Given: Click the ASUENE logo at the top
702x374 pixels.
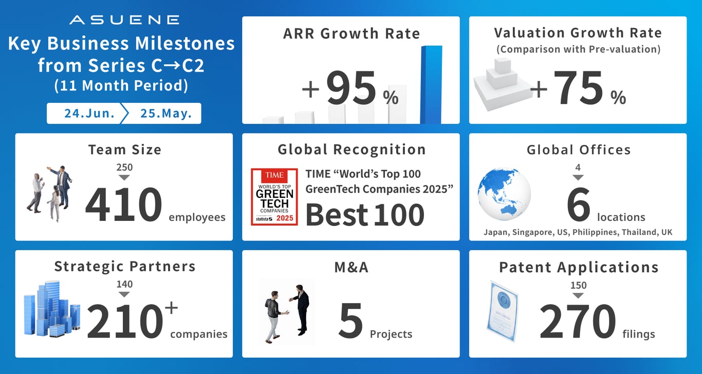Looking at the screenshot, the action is click(x=124, y=20).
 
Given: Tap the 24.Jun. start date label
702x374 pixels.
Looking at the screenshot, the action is click(x=89, y=113).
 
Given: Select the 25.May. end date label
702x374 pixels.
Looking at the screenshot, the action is click(x=166, y=113).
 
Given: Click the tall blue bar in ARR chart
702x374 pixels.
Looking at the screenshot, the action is click(x=431, y=85).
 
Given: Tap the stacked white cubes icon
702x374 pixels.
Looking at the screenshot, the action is click(x=503, y=85).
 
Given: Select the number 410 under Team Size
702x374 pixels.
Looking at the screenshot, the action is click(x=124, y=204).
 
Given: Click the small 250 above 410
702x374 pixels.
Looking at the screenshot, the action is click(x=124, y=167).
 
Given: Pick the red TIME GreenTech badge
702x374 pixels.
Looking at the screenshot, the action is click(x=274, y=197).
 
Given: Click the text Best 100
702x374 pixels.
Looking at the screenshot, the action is click(x=365, y=215).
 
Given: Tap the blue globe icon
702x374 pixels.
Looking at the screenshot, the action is click(x=504, y=194).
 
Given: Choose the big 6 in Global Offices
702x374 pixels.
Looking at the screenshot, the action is click(x=578, y=204).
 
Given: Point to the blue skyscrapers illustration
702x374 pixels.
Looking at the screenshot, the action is click(x=52, y=309).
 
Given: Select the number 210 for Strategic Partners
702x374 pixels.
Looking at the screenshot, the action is click(x=125, y=322).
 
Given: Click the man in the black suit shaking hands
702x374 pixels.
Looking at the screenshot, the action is click(x=300, y=310).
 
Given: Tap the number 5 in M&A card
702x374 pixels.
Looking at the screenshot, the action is click(x=351, y=321).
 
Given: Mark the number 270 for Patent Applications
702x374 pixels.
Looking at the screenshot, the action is click(x=578, y=322).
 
